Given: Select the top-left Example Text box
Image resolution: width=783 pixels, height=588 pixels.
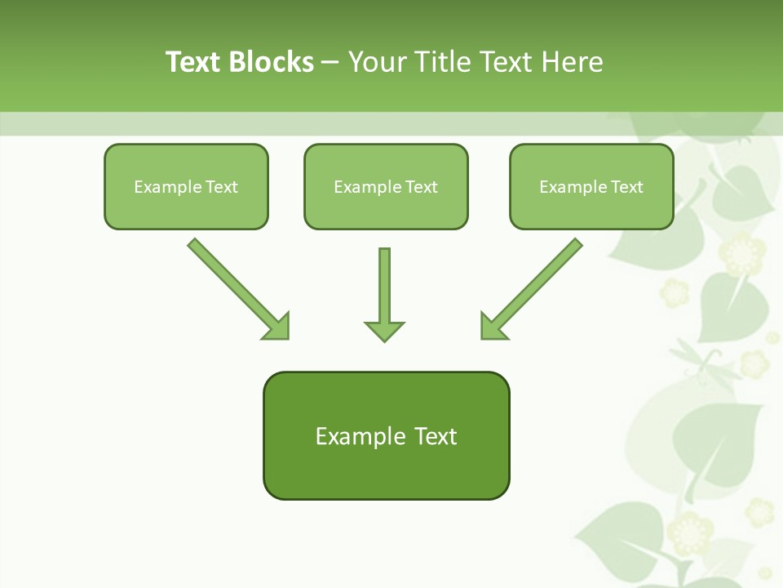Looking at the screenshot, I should (x=186, y=186).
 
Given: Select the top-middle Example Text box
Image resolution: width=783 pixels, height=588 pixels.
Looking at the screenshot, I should (x=386, y=186).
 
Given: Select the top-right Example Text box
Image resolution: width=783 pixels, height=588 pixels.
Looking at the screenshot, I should (x=591, y=186).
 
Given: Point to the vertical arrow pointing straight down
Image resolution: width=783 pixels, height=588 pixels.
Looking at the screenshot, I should (x=384, y=286).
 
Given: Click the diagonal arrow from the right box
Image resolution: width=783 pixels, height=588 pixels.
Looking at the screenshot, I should (x=538, y=283).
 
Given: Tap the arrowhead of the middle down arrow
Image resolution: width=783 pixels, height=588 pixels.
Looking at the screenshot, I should (x=384, y=330).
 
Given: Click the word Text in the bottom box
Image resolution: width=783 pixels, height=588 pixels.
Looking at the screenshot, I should (x=436, y=436).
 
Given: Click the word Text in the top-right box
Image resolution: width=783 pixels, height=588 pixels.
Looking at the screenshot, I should (x=627, y=186).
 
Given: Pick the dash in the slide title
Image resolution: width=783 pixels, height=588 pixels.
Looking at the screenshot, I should (x=330, y=63).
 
